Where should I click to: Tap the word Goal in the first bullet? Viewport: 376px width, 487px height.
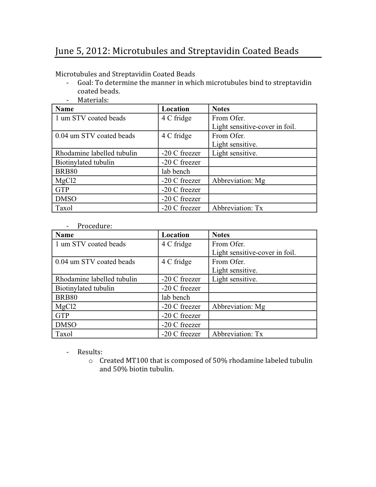click(85, 83)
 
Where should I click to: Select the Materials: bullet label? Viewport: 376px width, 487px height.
click(93, 100)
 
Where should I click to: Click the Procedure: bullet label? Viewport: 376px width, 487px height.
click(95, 226)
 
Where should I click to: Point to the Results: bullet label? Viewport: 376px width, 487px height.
click(90, 352)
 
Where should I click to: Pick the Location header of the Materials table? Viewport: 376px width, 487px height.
click(175, 109)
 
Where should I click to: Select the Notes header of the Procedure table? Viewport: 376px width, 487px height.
click(221, 235)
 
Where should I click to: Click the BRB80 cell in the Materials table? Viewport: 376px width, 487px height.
click(66, 171)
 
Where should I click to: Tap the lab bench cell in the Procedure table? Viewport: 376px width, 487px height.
click(176, 297)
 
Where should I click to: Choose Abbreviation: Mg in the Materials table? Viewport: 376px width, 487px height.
click(239, 181)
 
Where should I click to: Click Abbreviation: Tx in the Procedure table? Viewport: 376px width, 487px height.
click(237, 334)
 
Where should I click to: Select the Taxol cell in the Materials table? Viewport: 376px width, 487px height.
click(64, 208)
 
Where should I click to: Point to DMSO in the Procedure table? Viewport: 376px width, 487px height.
click(66, 325)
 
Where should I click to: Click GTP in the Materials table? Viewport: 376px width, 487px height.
click(62, 190)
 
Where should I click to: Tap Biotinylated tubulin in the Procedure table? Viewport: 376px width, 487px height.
click(85, 288)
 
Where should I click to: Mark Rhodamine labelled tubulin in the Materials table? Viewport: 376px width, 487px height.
click(96, 153)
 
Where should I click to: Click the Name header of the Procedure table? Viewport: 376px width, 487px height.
click(65, 235)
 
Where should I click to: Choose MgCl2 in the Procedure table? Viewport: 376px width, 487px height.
click(66, 306)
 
